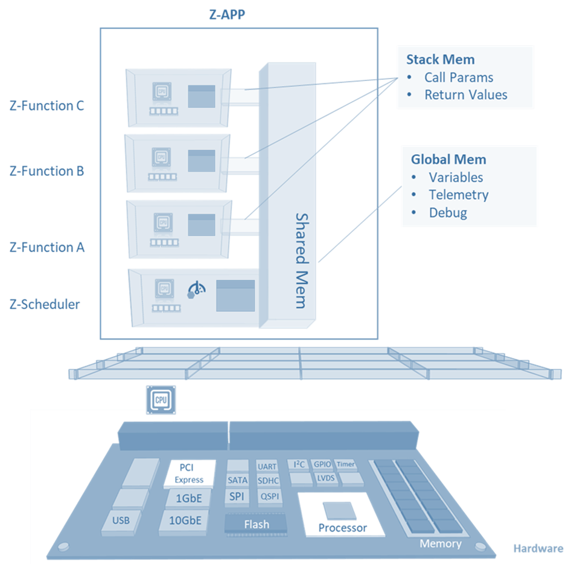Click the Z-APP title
[227, 15]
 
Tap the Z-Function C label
[47, 106]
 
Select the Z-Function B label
[47, 171]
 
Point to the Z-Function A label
[47, 247]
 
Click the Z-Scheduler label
[45, 304]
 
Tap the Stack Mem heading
[440, 59]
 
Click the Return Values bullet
[465, 95]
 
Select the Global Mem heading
[448, 160]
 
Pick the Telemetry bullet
[458, 195]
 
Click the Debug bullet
[448, 213]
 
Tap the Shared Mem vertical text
[301, 260]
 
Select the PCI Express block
[190, 473]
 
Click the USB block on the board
[121, 520]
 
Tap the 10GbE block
[184, 520]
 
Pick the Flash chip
[256, 524]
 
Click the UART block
[267, 467]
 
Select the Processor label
[342, 528]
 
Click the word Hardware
[538, 549]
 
